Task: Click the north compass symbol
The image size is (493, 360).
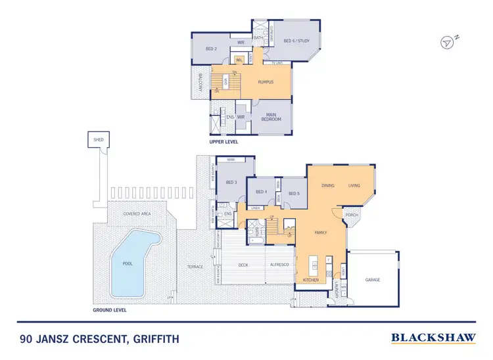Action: pyautogui.click(x=448, y=42)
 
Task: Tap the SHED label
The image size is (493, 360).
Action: pyautogui.click(x=98, y=140)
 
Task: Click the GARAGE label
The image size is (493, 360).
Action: pyautogui.click(x=373, y=280)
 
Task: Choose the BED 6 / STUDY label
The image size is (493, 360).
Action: pyautogui.click(x=296, y=41)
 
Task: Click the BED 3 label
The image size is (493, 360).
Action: pyautogui.click(x=231, y=182)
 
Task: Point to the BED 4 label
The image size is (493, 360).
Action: pyautogui.click(x=260, y=193)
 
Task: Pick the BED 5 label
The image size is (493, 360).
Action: pyautogui.click(x=294, y=193)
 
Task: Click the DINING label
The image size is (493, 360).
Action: pyautogui.click(x=328, y=186)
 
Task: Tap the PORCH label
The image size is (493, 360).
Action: pyautogui.click(x=352, y=214)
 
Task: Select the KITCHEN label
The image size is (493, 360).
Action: pyautogui.click(x=311, y=280)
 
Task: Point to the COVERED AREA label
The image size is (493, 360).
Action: pyautogui.click(x=137, y=214)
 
